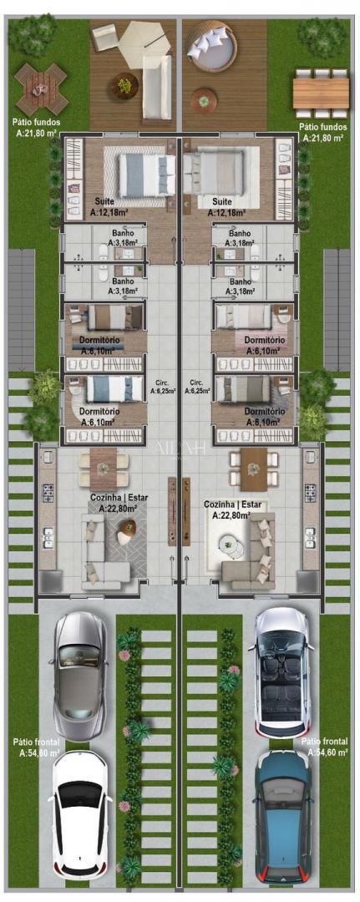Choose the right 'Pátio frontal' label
321,747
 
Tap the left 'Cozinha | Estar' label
117,501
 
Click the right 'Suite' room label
221,201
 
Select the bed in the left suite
144,175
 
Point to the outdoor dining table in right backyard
321,86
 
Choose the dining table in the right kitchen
253,469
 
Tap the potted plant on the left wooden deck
126,84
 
